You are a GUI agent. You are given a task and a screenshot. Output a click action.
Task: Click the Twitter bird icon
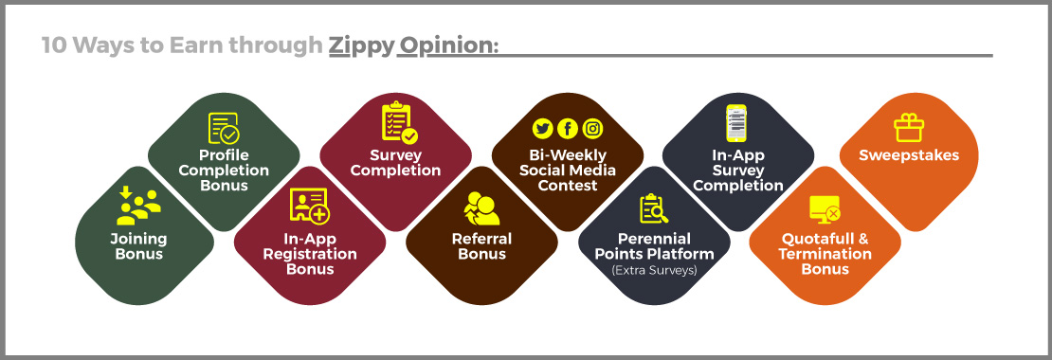(543, 128)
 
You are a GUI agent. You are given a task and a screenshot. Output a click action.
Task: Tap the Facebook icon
(568, 128)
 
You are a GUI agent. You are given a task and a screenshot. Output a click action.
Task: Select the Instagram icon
(592, 128)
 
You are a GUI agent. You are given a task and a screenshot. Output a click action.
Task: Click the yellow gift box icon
(909, 127)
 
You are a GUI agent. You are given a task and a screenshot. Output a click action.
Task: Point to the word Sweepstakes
(909, 155)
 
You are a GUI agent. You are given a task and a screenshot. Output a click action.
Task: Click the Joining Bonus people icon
(139, 206)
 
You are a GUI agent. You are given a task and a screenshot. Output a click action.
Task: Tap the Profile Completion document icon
(224, 128)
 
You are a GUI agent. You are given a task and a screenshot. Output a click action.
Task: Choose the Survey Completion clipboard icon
(399, 122)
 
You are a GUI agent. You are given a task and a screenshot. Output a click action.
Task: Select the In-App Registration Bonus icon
(309, 206)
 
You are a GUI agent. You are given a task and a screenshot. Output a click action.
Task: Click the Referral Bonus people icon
(481, 208)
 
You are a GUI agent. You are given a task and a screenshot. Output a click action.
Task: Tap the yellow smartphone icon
(736, 122)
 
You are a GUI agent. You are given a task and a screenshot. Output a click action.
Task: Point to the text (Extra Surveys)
(654, 270)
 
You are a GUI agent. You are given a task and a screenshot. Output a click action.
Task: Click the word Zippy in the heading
(361, 45)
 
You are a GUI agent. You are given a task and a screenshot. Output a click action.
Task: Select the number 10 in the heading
(54, 45)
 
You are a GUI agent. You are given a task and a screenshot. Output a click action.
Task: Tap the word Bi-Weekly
(568, 155)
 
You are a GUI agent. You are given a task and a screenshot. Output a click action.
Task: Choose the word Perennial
(654, 239)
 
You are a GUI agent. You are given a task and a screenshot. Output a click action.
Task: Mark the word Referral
(481, 239)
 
